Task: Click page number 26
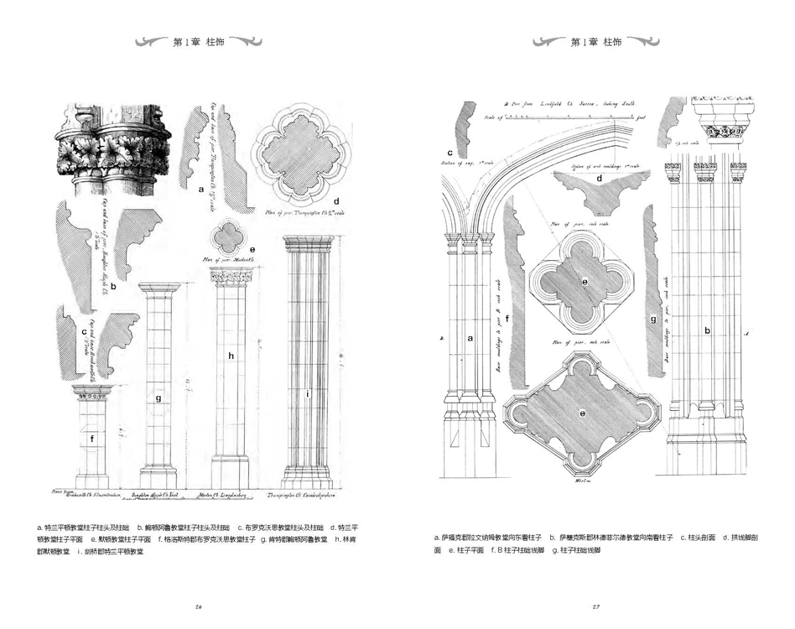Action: (199, 606)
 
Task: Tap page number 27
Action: (596, 606)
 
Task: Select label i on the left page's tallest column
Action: (308, 392)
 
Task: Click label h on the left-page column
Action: (231, 356)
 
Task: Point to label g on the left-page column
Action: (158, 398)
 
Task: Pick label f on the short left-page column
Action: (92, 437)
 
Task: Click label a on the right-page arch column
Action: (470, 338)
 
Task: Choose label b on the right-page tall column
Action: (707, 330)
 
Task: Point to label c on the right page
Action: (450, 152)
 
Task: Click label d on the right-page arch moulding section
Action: (599, 178)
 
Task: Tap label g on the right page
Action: (652, 319)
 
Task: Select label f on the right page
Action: (508, 319)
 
